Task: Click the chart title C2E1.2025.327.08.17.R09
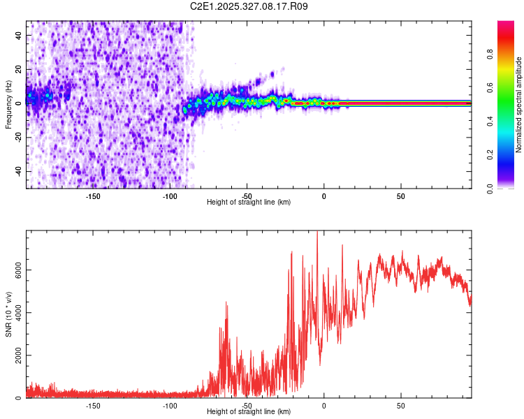point(249,6)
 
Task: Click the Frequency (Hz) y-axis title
point(8,104)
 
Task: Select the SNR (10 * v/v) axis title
point(8,314)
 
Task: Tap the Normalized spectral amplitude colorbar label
point(518,105)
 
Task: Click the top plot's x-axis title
point(249,202)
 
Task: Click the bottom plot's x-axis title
point(249,411)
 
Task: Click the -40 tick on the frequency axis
point(17,171)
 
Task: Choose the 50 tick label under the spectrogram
point(401,195)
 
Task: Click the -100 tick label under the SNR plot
point(170,405)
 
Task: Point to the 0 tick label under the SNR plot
point(323,405)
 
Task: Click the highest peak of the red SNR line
point(318,233)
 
